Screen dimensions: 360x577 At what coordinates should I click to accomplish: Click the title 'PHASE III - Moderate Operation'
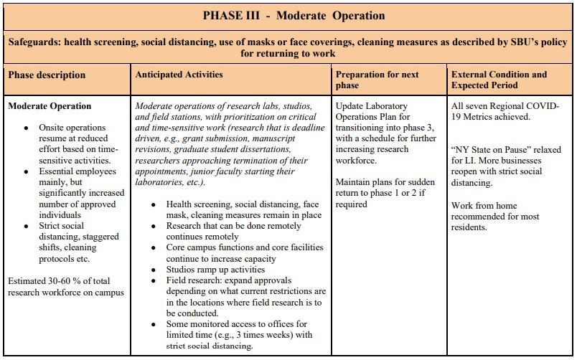pos(294,16)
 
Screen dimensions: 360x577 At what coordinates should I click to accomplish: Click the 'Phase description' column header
pos(47,75)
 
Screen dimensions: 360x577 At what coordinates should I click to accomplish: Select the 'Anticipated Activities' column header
pos(179,75)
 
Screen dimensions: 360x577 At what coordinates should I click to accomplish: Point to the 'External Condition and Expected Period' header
pos(499,80)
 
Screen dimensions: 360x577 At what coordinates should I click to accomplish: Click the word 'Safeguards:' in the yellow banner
pos(34,42)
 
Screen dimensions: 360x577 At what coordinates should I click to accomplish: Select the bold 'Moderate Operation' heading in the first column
pos(50,106)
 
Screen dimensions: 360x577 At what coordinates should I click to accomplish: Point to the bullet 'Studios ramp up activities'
pos(215,270)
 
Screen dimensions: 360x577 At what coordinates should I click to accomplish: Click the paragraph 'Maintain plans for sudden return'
pos(384,193)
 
